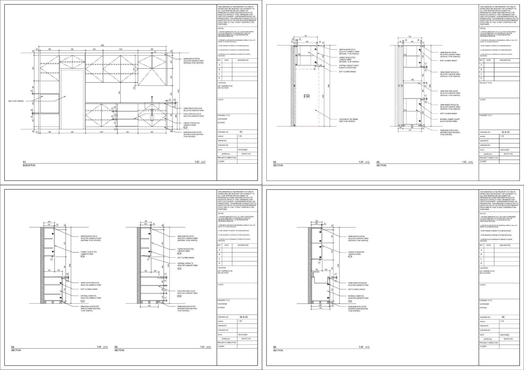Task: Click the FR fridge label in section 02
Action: [x=307, y=96]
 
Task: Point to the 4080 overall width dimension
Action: [x=102, y=45]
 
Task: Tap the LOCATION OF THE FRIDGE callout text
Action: [x=348, y=120]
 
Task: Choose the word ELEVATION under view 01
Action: [x=29, y=165]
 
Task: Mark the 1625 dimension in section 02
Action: [x=323, y=97]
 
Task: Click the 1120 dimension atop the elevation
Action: [x=120, y=49]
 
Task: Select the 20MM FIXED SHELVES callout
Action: [x=449, y=93]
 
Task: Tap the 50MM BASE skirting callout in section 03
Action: [x=450, y=132]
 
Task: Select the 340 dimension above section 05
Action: [x=146, y=221]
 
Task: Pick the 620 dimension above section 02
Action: [x=307, y=41]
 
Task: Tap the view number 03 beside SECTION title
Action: [x=378, y=162]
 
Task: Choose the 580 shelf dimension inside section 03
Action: [x=412, y=80]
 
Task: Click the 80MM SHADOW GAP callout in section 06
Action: [x=358, y=238]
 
